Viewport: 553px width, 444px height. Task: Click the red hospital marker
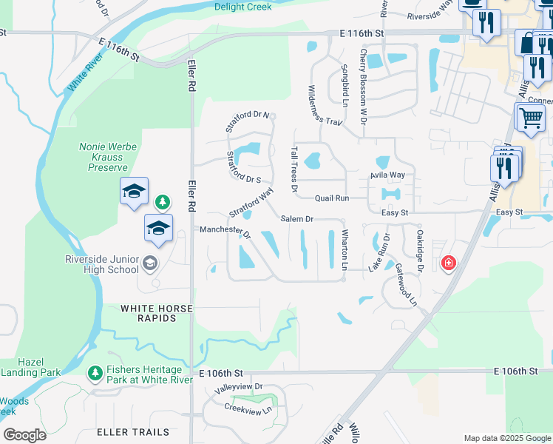coord(447,263)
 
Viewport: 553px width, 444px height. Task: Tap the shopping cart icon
coord(530,116)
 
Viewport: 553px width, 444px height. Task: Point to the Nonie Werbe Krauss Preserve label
coord(108,157)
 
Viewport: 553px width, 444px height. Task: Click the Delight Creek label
coord(242,7)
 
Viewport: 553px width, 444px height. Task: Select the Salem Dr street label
coord(297,219)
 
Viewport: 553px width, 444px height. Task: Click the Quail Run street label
coord(331,198)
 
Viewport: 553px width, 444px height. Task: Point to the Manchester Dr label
coord(225,231)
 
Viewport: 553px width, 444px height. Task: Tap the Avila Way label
coord(387,175)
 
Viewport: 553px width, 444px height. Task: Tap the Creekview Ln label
coord(248,408)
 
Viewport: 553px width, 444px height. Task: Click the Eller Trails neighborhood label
coord(133,431)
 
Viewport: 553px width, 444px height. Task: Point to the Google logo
coord(24,435)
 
